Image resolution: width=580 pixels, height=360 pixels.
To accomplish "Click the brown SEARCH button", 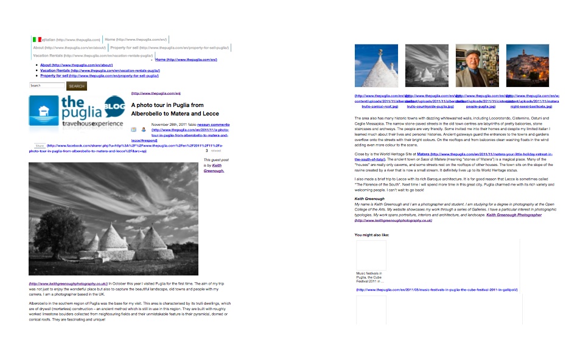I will pyautogui.click(x=77, y=86).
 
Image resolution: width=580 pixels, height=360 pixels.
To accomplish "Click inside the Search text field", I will pyautogui.click(x=47, y=86).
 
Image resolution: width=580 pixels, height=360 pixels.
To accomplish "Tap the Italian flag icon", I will pyautogui.click(x=37, y=40).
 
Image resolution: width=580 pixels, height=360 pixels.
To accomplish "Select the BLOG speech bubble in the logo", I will pyautogui.click(x=113, y=106).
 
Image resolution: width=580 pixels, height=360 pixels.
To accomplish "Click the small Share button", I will pyautogui.click(x=40, y=146).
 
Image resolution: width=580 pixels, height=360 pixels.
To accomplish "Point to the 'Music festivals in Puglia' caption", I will pyautogui.click(x=370, y=278).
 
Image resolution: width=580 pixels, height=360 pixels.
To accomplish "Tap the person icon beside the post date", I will pyautogui.click(x=144, y=130).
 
